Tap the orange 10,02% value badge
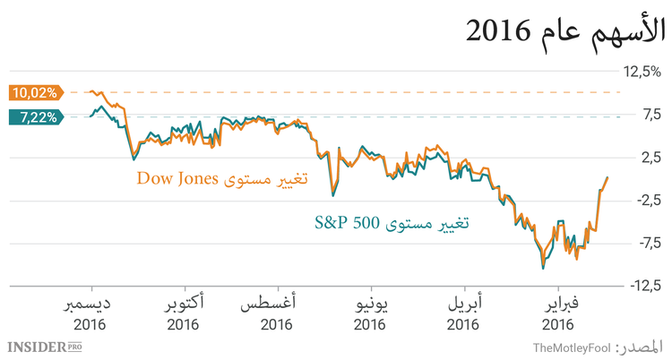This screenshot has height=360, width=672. tap(34, 91)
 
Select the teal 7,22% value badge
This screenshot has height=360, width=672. tap(34, 116)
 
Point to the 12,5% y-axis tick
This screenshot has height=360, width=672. tap(643, 72)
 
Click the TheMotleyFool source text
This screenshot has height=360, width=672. tap(571, 347)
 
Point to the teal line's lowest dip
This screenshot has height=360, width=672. tap(542, 268)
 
